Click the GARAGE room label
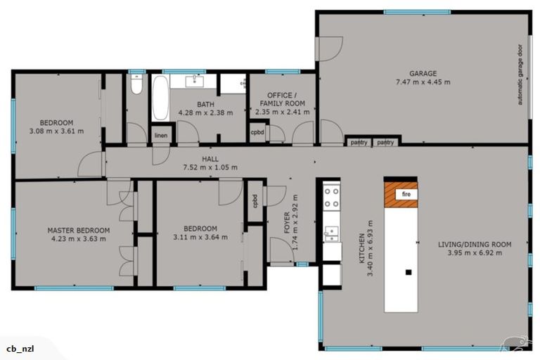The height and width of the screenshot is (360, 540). tap(423, 73)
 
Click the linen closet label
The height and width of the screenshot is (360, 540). tap(161, 136)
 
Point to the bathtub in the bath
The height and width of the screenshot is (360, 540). tap(160, 98)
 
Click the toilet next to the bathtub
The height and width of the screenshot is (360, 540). tap(137, 85)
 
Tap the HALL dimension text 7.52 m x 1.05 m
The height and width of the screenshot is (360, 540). tap(210, 167)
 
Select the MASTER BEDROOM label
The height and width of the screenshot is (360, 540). tap(79, 230)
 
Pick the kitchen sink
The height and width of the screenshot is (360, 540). tap(331, 231)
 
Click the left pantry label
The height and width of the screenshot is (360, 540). tap(359, 143)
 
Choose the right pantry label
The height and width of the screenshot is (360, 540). tap(385, 143)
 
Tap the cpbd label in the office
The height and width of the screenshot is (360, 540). tap(257, 131)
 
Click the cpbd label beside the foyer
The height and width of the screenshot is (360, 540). tap(255, 200)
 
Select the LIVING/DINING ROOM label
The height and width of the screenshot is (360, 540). tap(475, 245)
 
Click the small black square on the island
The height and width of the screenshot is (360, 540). tap(407, 271)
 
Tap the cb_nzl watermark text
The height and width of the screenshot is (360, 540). tap(21, 349)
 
